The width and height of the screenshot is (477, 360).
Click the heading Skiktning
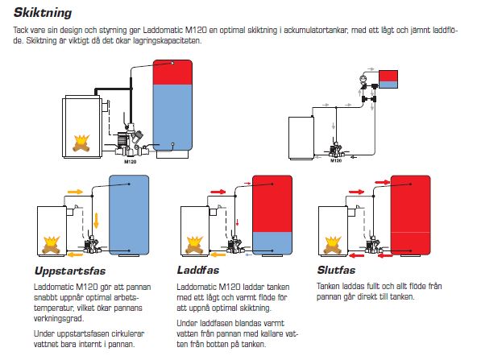pos(43,13)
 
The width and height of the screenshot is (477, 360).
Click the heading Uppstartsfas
pos(70,271)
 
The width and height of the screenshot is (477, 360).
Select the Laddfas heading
pos(198,270)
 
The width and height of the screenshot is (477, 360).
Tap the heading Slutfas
pos(336,270)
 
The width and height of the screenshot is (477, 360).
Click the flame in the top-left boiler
pos(81,143)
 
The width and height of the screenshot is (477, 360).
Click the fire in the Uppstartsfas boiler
pos(52,245)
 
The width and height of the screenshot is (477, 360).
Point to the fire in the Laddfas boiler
pos(194,245)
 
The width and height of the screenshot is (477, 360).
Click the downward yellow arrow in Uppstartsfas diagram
pos(96,221)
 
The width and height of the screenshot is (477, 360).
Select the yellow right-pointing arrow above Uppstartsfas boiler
pos(75,192)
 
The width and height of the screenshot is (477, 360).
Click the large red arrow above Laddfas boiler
pos(218,192)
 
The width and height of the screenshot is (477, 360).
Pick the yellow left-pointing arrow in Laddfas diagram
pos(218,254)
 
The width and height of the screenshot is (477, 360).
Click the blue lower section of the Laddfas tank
pos(272,243)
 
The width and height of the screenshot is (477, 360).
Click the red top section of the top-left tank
pos(172,72)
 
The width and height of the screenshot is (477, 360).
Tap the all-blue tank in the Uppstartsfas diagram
pos(129,215)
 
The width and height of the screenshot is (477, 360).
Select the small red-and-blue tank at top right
pos(388,80)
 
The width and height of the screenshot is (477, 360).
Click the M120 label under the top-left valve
pos(131,162)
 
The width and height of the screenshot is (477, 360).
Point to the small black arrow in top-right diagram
pos(354,157)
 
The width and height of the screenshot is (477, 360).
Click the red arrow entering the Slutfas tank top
pos(383,183)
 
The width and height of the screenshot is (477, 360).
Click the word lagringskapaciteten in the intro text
pos(168,40)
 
